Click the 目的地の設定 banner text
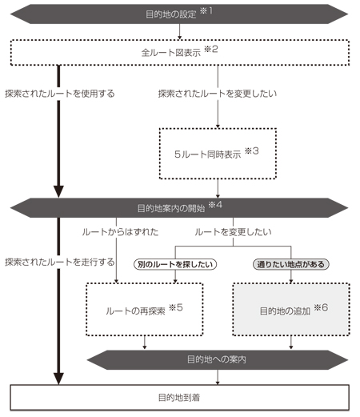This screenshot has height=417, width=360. click(x=171, y=14)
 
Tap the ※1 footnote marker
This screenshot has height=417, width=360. click(x=206, y=11)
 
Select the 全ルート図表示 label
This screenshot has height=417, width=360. click(x=171, y=53)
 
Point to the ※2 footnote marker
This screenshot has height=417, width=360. click(x=211, y=50)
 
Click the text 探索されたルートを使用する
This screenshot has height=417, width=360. click(x=60, y=94)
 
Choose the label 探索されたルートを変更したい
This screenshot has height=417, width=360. click(x=218, y=94)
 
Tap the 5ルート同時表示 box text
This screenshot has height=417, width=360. click(x=208, y=154)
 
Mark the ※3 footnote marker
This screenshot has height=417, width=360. click(x=252, y=151)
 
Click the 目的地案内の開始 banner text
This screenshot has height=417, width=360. click(x=171, y=208)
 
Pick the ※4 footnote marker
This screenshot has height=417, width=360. click(x=215, y=205)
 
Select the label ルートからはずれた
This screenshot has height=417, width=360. click(x=120, y=232)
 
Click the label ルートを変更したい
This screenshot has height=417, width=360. click(x=233, y=232)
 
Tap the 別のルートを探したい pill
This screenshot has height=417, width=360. click(x=175, y=264)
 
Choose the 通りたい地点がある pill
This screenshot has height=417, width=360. click(x=291, y=264)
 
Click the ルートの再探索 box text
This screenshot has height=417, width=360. click(x=135, y=311)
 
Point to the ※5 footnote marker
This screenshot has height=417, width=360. click(x=176, y=307)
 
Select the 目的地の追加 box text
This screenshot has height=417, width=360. click(x=285, y=311)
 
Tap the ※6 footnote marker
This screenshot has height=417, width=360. click(x=321, y=307)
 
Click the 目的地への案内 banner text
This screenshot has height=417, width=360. click(x=217, y=359)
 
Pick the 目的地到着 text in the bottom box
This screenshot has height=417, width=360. click(x=179, y=398)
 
